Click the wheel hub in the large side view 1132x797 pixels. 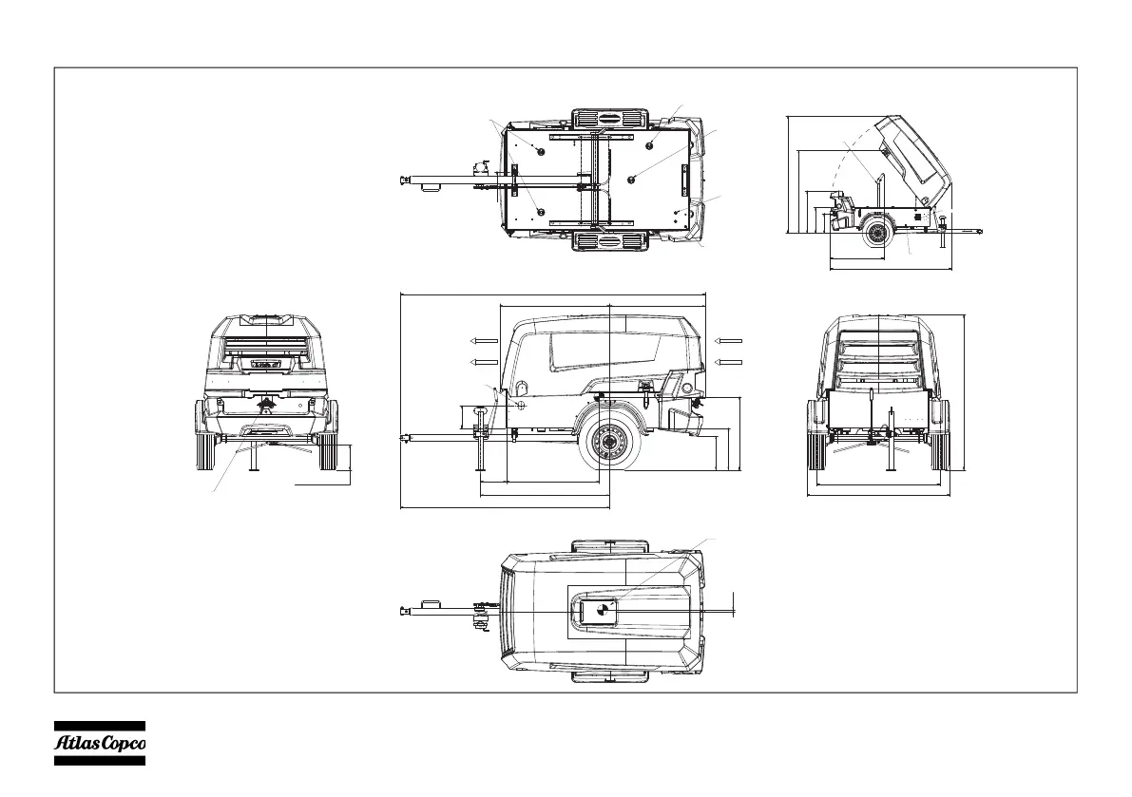(609, 444)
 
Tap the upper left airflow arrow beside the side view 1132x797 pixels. (485, 340)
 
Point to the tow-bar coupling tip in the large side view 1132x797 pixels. (404, 438)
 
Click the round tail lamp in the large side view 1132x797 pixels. (521, 387)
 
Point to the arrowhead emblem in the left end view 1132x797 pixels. (267, 405)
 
